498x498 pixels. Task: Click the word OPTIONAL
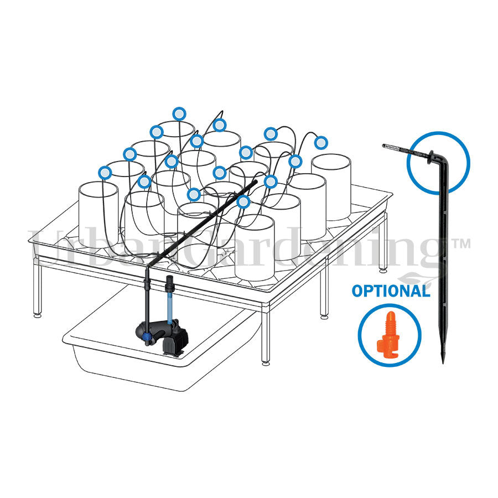[x=391, y=291]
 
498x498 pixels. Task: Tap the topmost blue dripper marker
[x=179, y=113]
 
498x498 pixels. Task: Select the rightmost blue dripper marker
[x=321, y=143]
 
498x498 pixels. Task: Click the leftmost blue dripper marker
[x=105, y=173]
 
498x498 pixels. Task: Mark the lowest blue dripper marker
[x=243, y=202]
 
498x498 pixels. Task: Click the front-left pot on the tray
[x=98, y=215]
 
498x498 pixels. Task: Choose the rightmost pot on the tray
[x=331, y=187]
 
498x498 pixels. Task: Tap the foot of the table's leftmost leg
[x=38, y=315]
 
